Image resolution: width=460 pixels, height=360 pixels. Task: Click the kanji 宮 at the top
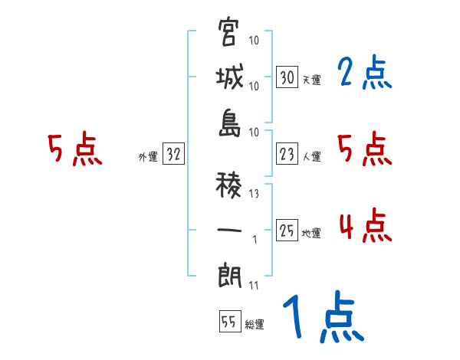[x=229, y=34]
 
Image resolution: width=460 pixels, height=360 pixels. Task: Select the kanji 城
[x=229, y=78]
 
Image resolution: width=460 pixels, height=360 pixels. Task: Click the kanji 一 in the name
[x=229, y=231]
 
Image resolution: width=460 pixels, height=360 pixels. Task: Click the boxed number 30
[x=287, y=77]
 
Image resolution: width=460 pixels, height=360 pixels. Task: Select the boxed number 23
[x=287, y=155]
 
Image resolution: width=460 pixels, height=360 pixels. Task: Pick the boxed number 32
[x=173, y=155]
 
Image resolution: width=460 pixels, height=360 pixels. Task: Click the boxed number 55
[x=228, y=322]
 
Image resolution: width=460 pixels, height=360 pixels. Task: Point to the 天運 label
[x=311, y=80]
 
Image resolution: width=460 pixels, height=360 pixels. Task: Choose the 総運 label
[x=255, y=324]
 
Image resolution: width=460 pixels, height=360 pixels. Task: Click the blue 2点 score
[x=364, y=74]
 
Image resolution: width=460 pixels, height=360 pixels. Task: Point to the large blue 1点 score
[x=322, y=317]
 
